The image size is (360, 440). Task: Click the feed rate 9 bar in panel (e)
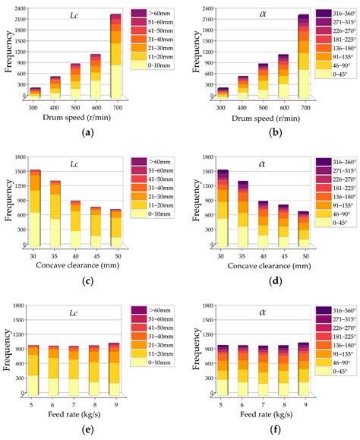(x=115, y=369)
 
